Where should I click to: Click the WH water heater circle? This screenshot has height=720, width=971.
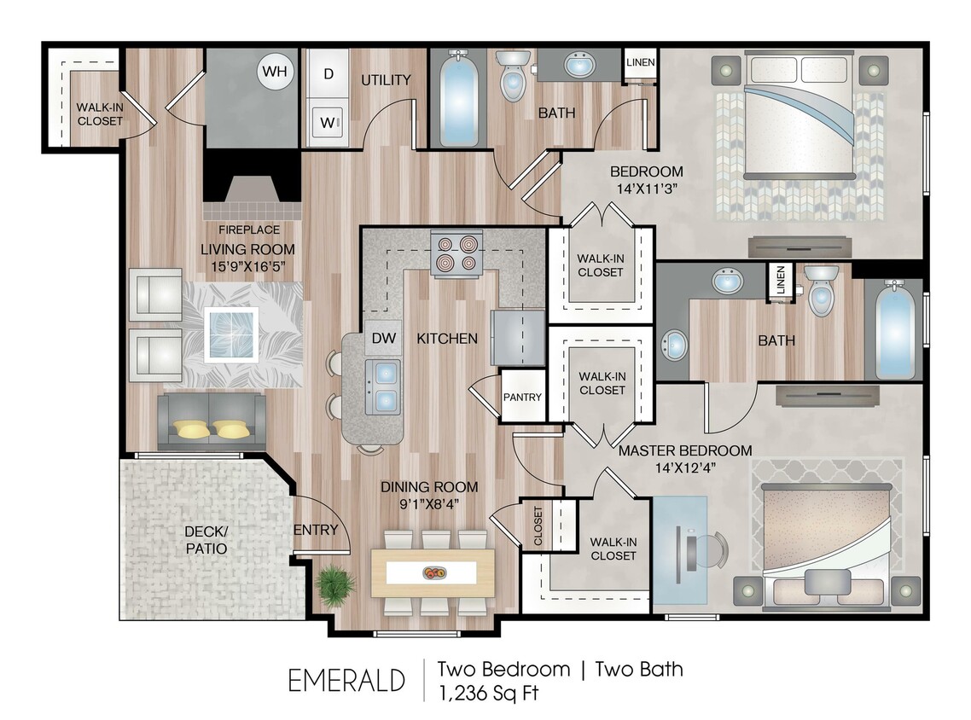[275, 71]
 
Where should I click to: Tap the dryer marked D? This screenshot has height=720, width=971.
[328, 73]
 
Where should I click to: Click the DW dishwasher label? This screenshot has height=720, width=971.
[383, 339]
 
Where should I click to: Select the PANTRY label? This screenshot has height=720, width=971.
[522, 397]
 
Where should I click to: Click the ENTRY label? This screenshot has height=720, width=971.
[315, 530]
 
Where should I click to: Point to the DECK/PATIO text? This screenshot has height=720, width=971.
[206, 539]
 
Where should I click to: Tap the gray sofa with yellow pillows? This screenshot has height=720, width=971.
[211, 421]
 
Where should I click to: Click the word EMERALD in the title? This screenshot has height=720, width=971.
[346, 681]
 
